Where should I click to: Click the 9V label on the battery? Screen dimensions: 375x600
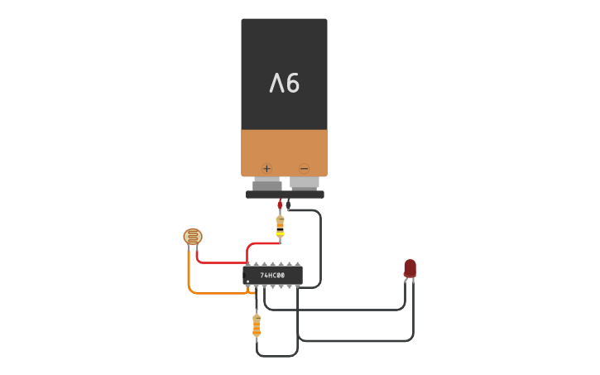click(x=284, y=83)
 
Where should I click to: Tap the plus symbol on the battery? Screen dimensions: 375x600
click(x=266, y=167)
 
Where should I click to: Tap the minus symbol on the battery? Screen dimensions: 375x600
click(x=304, y=167)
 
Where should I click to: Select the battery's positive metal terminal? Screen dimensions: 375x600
click(x=266, y=182)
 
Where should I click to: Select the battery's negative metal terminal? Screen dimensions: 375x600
click(x=304, y=182)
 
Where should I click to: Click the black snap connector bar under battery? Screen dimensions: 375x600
click(x=284, y=195)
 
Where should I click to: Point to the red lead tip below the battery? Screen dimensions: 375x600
click(x=280, y=204)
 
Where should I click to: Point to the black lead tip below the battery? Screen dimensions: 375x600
click(x=288, y=204)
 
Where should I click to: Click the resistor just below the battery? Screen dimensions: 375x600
click(x=280, y=224)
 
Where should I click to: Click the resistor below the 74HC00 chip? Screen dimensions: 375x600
click(x=257, y=325)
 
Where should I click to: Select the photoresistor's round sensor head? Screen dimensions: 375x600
click(x=192, y=237)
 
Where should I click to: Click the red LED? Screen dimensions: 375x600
click(x=410, y=267)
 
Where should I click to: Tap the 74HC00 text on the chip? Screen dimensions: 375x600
click(x=272, y=276)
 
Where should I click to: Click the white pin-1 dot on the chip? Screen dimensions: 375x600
click(x=247, y=282)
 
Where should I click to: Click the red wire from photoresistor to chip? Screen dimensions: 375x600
click(x=219, y=262)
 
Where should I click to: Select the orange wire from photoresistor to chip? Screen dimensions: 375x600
click(x=190, y=277)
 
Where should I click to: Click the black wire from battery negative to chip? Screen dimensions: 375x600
click(x=319, y=248)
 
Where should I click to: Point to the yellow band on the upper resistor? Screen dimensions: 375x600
click(x=280, y=233)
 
